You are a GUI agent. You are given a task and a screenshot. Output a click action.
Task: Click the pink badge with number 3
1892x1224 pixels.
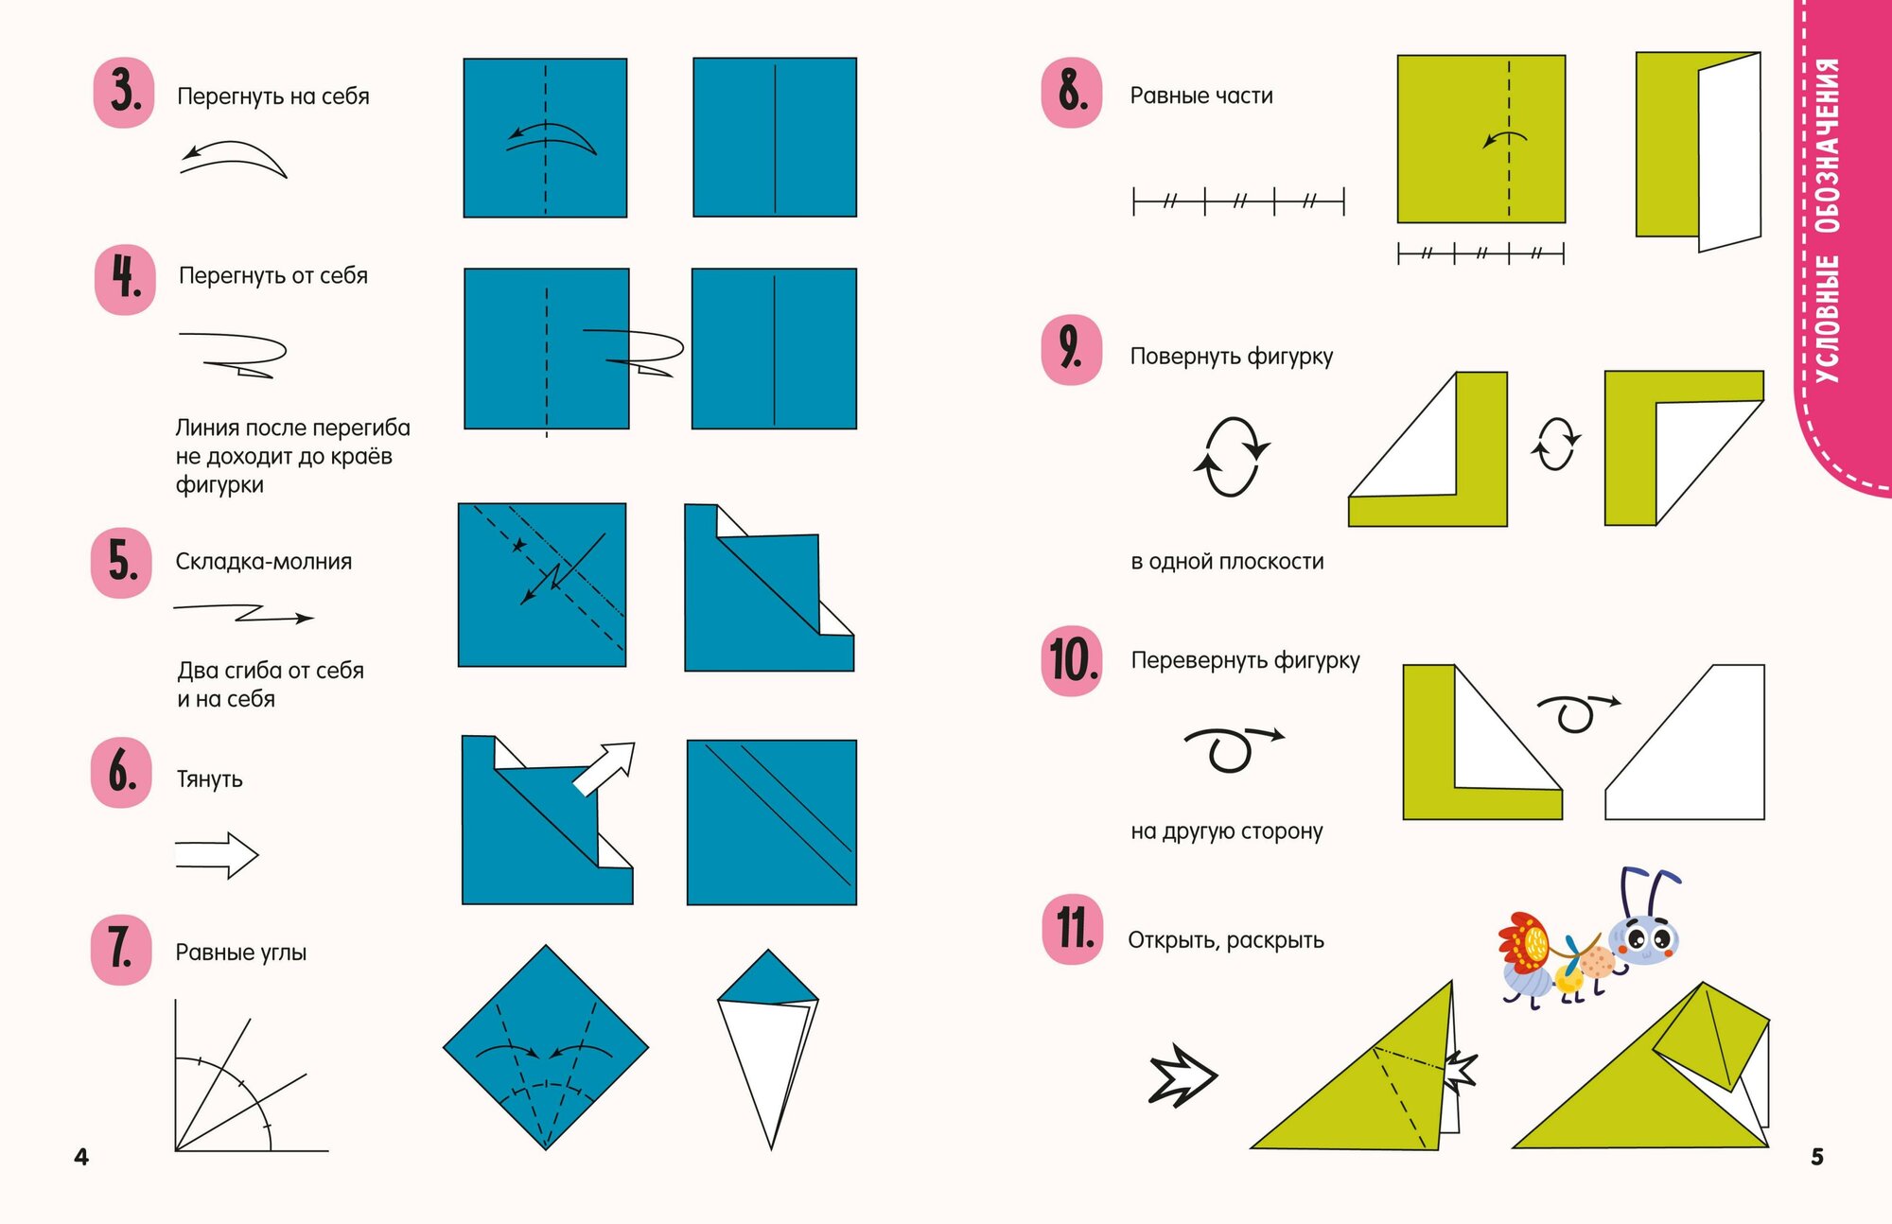[x=124, y=92]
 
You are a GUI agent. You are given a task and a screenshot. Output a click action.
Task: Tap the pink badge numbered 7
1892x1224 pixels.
[x=121, y=950]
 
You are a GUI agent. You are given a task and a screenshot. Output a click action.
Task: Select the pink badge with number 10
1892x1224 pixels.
[x=1072, y=660]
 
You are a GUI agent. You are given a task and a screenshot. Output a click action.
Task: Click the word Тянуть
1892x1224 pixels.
[x=209, y=779]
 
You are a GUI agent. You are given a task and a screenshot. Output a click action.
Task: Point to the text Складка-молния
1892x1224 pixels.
[x=264, y=561]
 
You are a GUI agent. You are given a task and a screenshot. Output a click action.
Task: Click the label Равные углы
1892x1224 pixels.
[x=241, y=953]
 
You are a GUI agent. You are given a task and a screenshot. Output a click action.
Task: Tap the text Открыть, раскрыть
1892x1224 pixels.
[x=1226, y=940]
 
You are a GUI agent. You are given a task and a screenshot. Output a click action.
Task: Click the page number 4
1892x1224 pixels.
[x=81, y=1157]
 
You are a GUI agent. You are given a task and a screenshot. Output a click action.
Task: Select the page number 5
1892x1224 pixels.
[x=1817, y=1157]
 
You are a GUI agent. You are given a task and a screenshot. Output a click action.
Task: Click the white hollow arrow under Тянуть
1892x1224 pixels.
[x=217, y=855]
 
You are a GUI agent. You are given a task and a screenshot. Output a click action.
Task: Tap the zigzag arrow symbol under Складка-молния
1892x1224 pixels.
[x=243, y=613]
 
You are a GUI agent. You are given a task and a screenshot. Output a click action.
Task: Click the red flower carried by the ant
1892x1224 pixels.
[x=1523, y=942]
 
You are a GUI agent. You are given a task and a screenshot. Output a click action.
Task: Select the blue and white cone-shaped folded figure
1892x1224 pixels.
[x=768, y=1049]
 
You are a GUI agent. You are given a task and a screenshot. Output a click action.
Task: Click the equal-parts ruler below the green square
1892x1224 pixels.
[x=1480, y=254]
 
